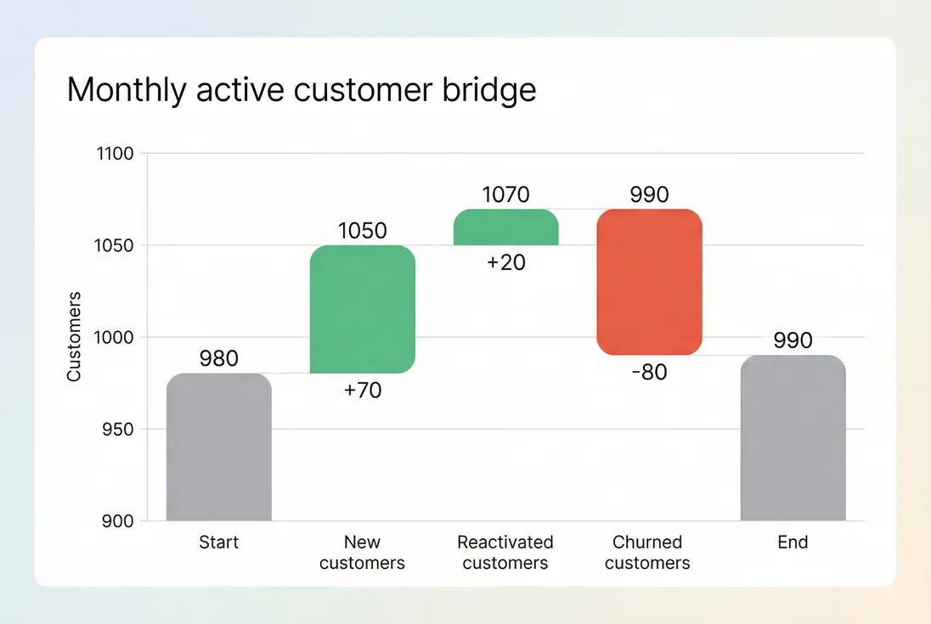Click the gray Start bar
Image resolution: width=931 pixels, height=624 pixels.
tap(218, 447)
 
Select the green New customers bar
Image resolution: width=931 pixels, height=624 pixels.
tap(362, 309)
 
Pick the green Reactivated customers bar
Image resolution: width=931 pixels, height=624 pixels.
tap(505, 228)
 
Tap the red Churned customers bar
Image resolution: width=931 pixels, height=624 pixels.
tap(649, 282)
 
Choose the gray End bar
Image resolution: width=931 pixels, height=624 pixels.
tap(793, 438)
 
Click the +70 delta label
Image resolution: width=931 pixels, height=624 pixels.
tap(363, 391)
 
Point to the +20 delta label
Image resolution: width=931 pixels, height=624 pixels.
tap(506, 263)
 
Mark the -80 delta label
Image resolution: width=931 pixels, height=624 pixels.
tap(649, 372)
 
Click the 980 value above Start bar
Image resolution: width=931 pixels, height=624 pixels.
tap(218, 359)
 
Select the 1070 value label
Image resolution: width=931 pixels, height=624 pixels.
tap(506, 195)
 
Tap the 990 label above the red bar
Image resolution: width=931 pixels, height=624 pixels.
tap(649, 195)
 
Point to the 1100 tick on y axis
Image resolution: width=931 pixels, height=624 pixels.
tap(116, 155)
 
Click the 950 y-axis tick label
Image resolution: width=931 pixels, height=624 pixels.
tap(119, 430)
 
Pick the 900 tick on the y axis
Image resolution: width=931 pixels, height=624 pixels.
tap(119, 521)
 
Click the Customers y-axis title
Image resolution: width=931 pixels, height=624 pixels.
tap(74, 337)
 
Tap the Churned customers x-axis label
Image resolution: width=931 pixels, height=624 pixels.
tap(647, 553)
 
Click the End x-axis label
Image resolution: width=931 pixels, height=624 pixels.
tap(793, 542)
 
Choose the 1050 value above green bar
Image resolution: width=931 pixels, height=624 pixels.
tap(363, 231)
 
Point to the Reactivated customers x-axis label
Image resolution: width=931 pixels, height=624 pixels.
tap(505, 553)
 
